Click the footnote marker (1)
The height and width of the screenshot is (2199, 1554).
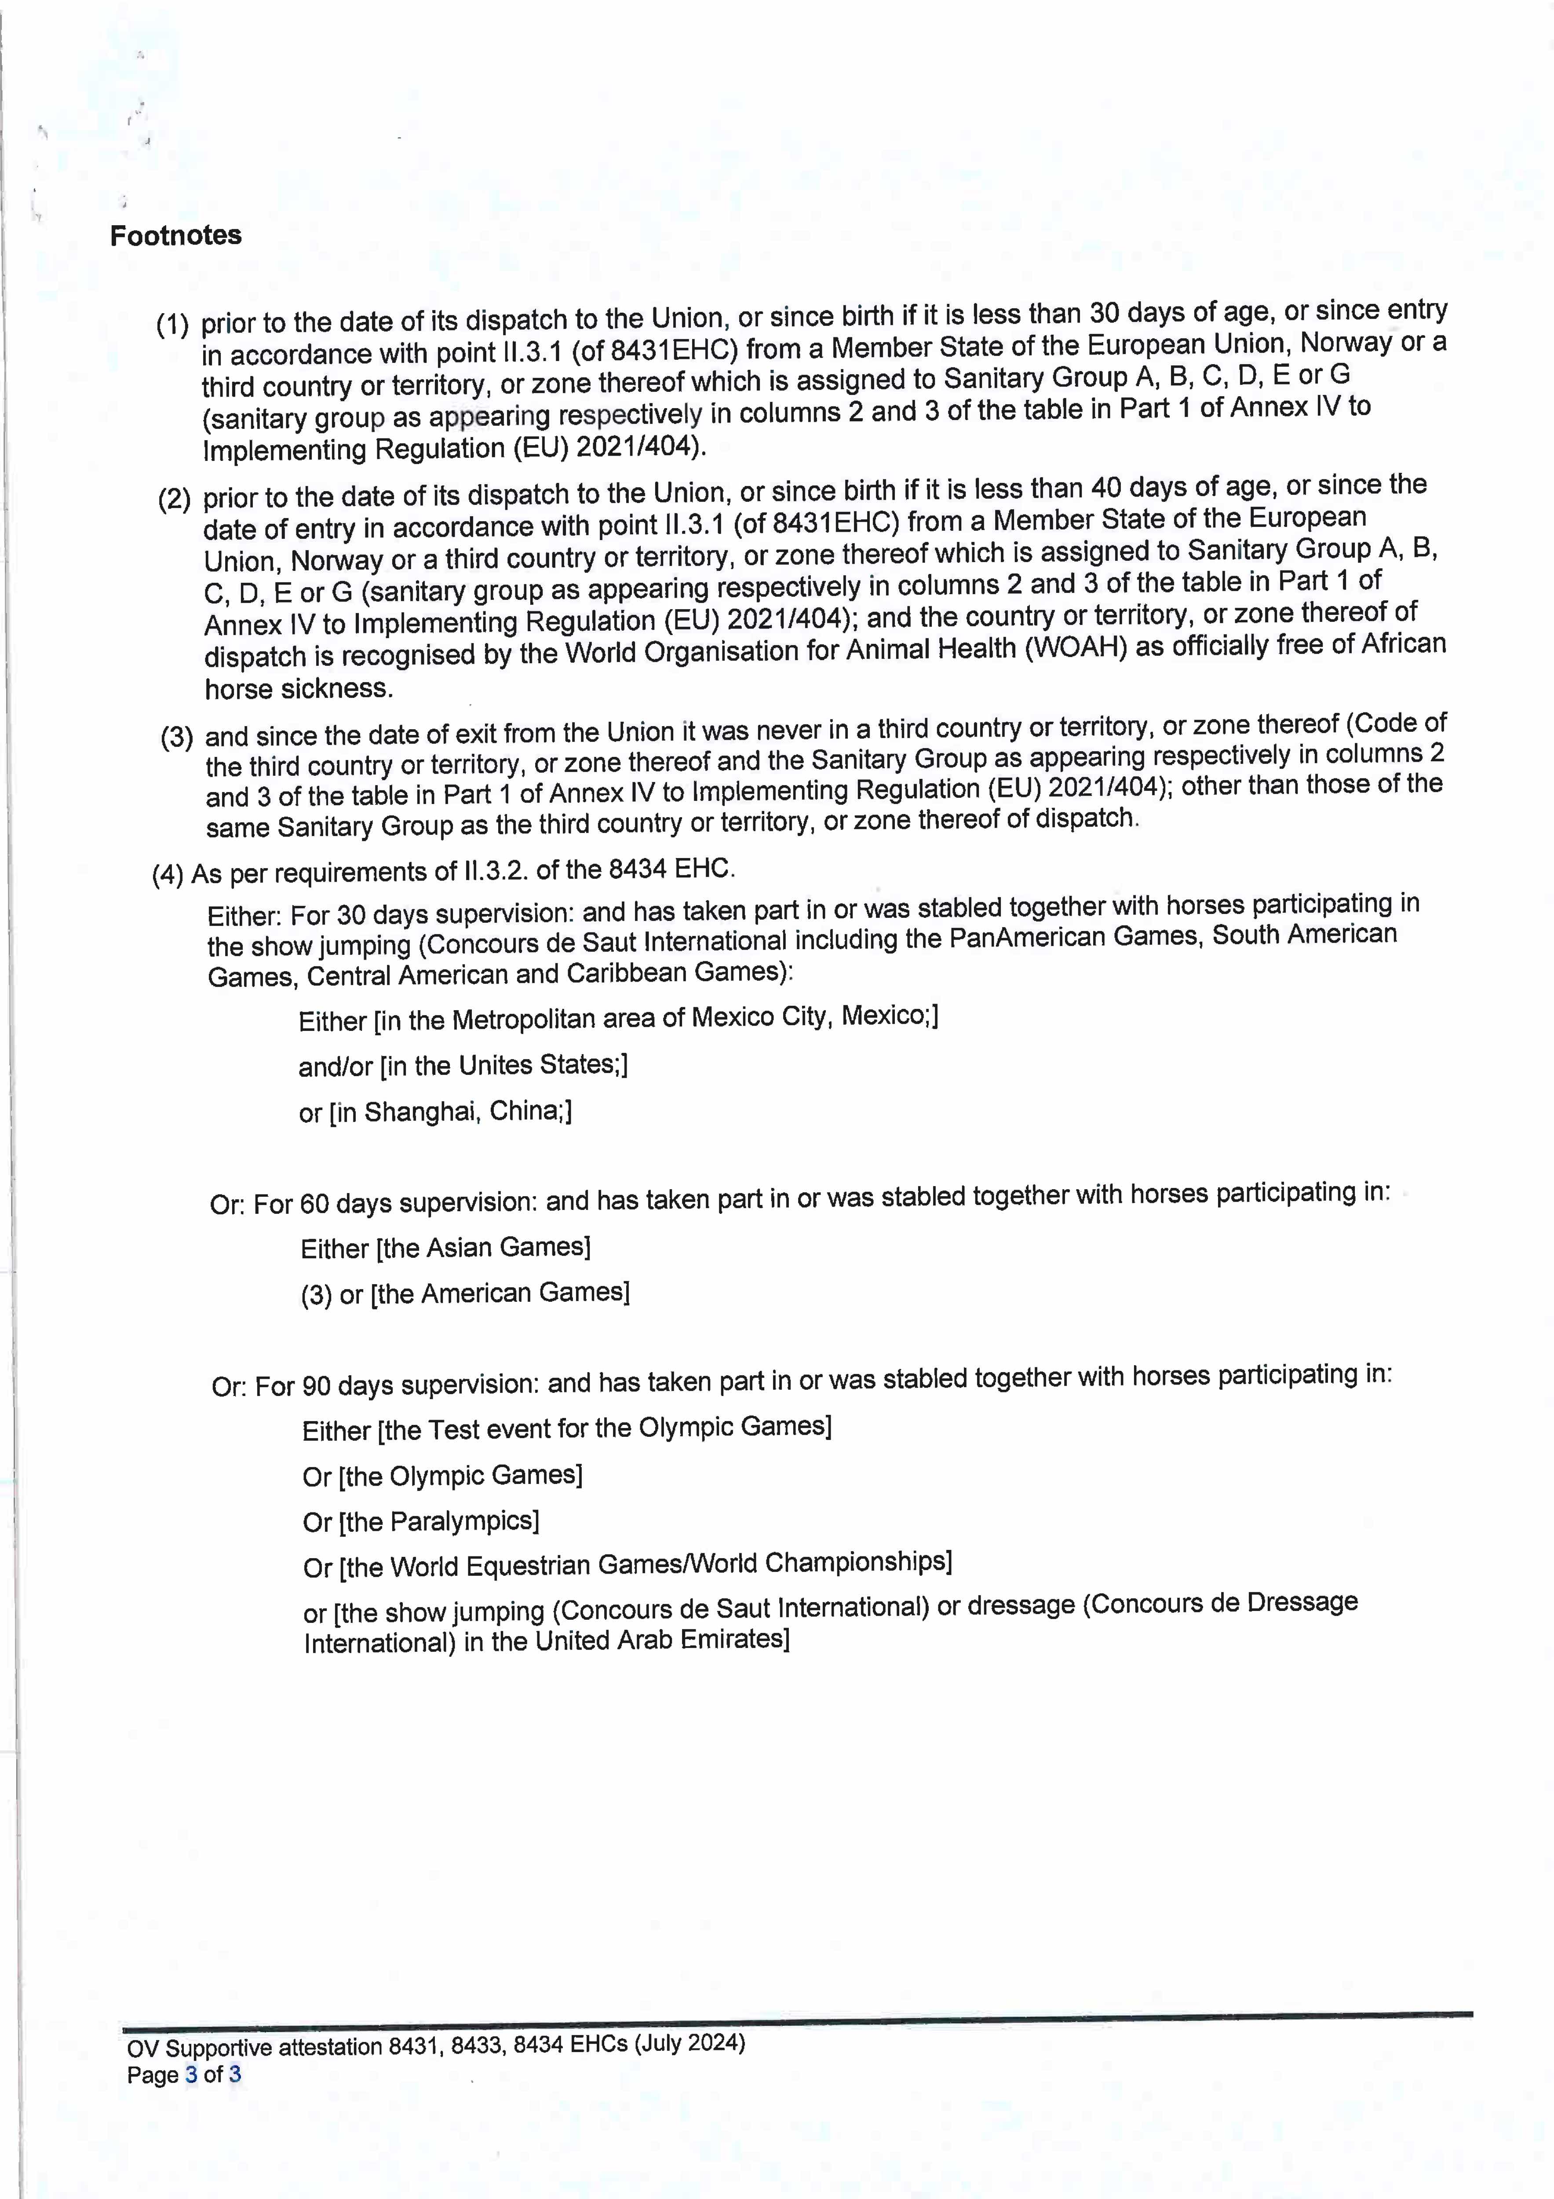(172, 325)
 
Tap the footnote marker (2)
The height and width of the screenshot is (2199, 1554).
(174, 499)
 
